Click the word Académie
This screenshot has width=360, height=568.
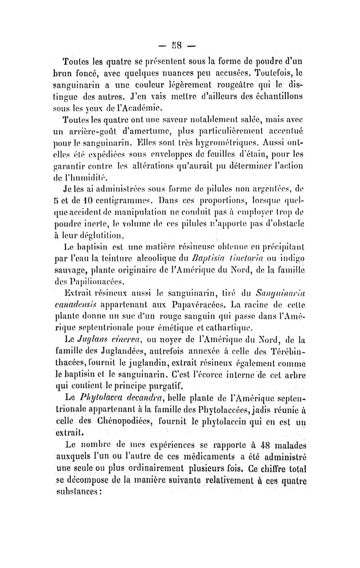coord(148,108)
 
